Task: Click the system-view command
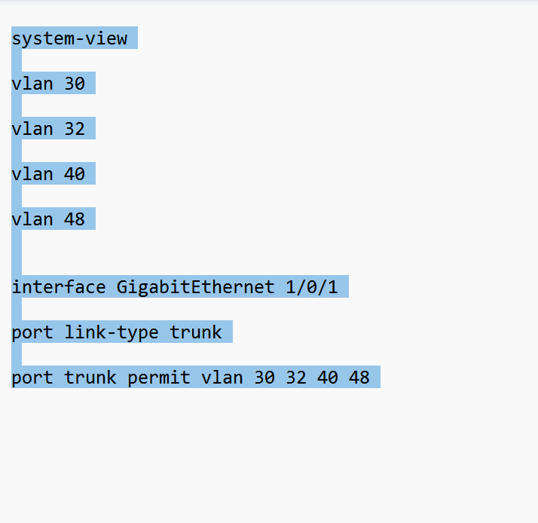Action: point(69,38)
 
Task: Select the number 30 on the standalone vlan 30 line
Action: point(75,84)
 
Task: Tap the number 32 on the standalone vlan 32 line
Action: point(75,129)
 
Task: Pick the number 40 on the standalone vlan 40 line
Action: point(75,174)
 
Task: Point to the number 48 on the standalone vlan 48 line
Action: point(75,219)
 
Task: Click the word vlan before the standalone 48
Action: point(32,219)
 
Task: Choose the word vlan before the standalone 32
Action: point(32,129)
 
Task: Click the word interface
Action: point(59,287)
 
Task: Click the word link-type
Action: point(112,332)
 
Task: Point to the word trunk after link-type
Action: point(196,332)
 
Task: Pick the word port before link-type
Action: point(32,332)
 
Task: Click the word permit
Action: point(159,378)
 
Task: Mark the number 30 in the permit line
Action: point(264,378)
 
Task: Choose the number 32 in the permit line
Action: point(296,378)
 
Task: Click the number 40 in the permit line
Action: point(328,378)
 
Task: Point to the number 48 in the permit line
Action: point(359,378)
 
